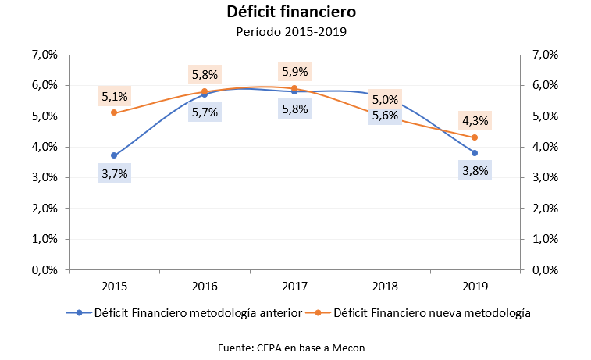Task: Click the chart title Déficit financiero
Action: [290, 12]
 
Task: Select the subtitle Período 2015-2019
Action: [290, 32]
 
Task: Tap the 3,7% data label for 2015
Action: [114, 173]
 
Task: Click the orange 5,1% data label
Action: [114, 98]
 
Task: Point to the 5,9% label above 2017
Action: [294, 72]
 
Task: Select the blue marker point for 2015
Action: [114, 155]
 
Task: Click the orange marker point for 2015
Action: [114, 112]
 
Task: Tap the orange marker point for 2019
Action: [474, 137]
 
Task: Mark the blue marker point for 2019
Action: [474, 153]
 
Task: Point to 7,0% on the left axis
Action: [45, 55]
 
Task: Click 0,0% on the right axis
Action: [544, 269]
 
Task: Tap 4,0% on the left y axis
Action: [45, 147]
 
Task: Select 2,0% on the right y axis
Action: [544, 209]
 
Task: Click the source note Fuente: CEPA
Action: [290, 348]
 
